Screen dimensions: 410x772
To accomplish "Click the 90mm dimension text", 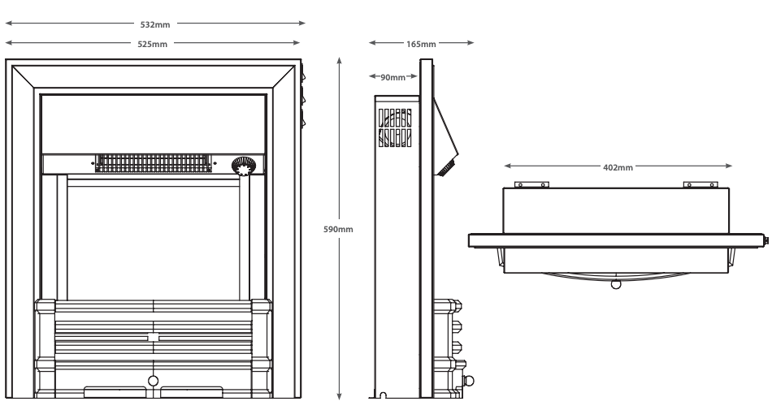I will pos(393,78).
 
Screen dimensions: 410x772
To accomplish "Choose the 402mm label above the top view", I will pos(618,166).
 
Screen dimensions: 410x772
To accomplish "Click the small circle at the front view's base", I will pos(153,380).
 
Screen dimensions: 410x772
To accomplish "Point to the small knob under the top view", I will pos(615,285).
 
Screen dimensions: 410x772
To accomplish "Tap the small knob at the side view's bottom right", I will pos(468,380).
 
